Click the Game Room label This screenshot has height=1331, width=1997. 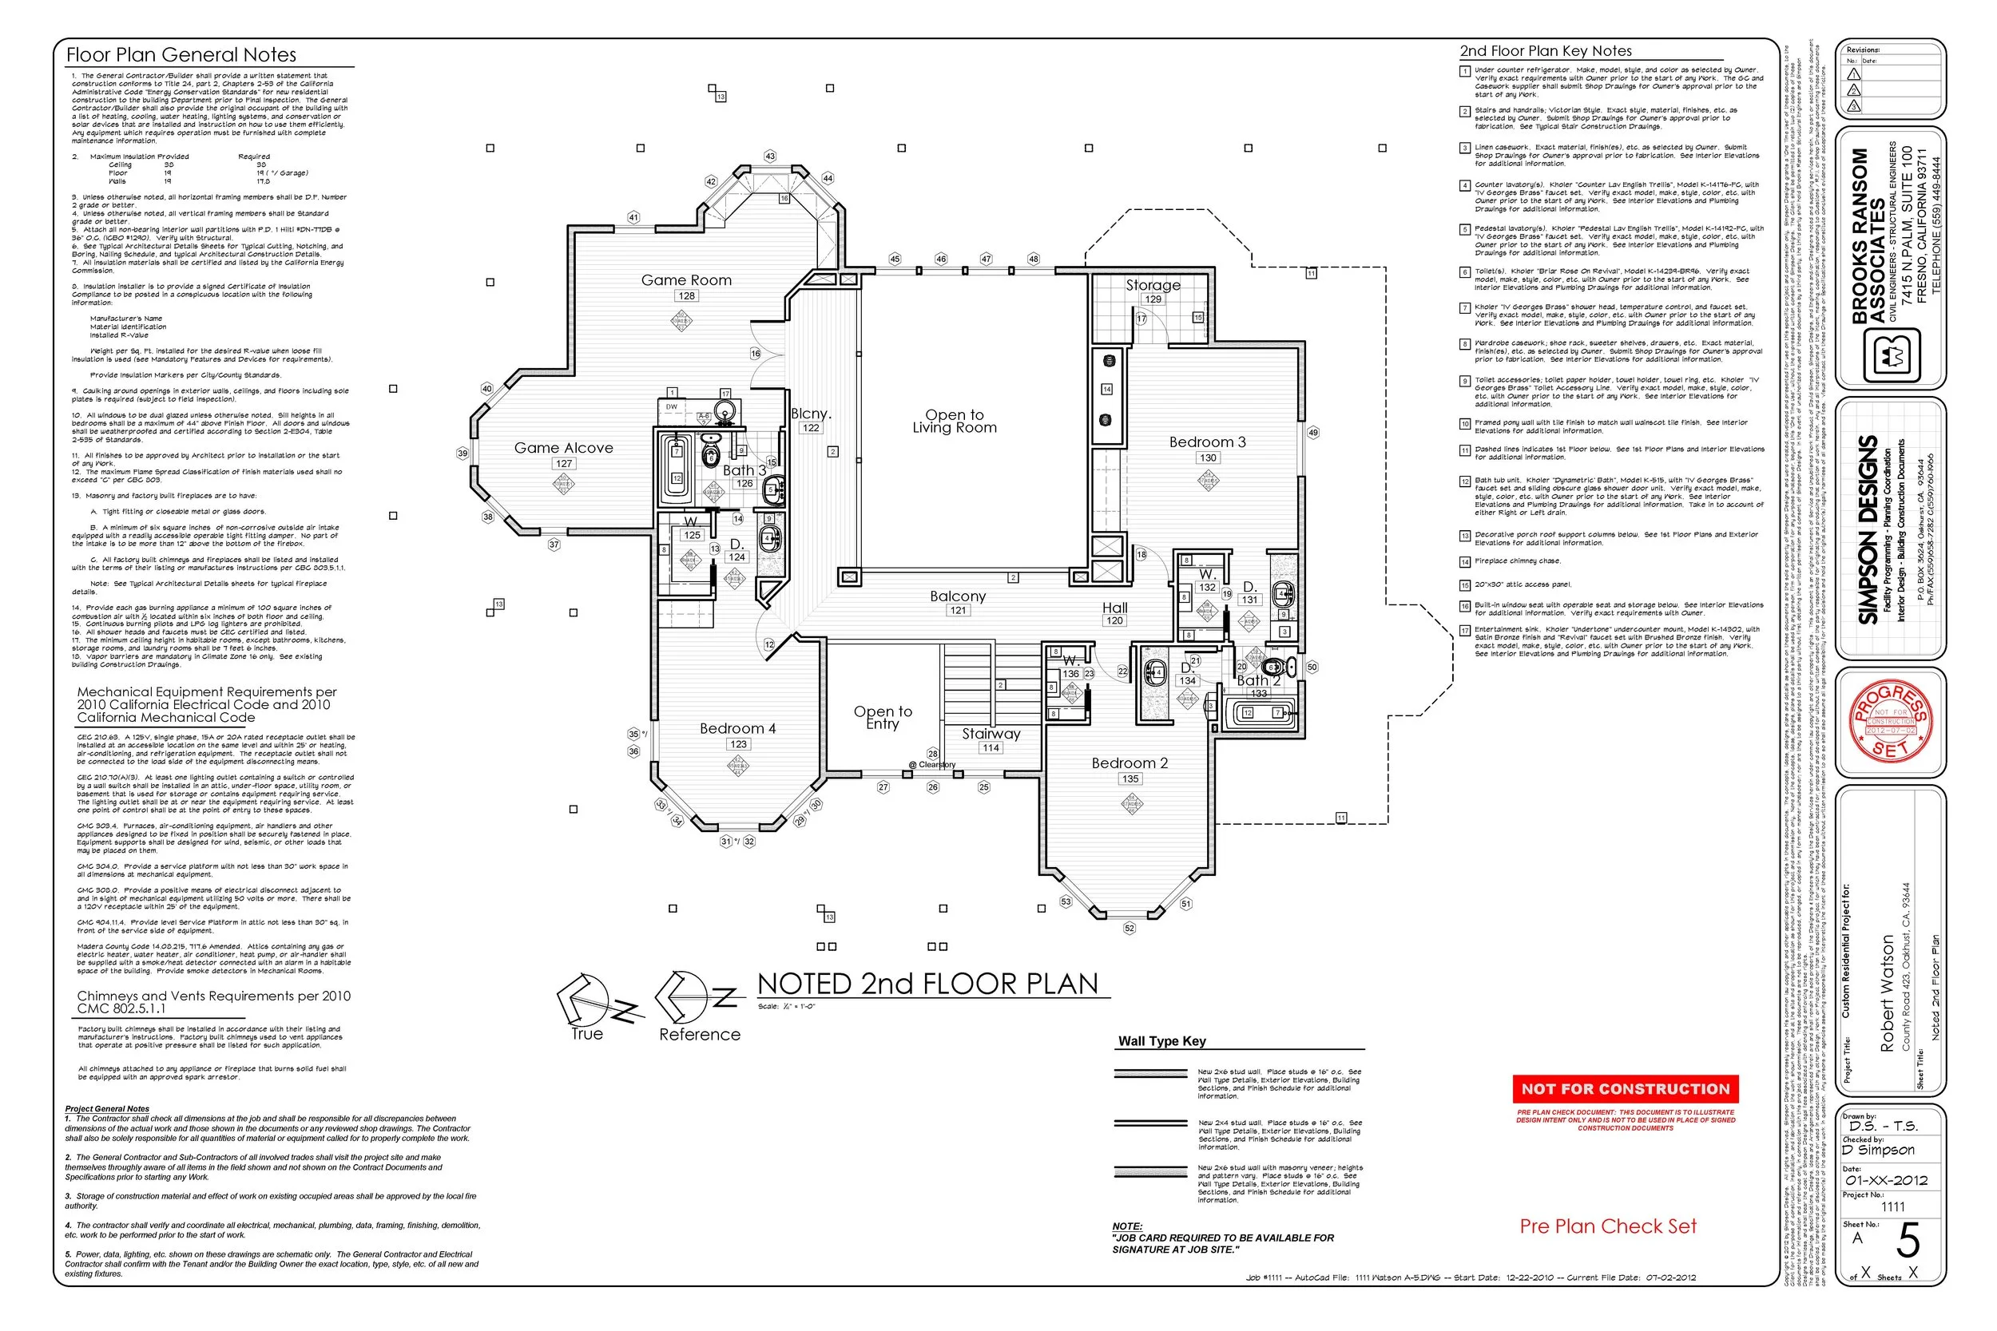686,280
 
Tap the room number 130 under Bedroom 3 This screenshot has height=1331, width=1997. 1207,458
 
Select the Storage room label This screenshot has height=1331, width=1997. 1152,285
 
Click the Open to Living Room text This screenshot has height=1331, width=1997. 955,421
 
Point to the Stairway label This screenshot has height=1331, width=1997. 991,734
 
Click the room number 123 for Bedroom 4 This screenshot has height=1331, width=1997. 738,744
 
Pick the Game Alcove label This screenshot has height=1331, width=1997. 563,448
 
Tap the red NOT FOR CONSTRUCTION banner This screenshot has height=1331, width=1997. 1625,1089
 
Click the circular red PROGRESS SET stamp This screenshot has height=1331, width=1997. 1890,722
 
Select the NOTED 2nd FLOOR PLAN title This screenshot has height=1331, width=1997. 927,984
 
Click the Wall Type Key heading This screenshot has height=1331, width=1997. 1161,1041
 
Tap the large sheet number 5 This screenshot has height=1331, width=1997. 1908,1242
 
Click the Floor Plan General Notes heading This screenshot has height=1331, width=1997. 181,55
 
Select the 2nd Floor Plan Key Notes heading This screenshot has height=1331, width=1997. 1546,51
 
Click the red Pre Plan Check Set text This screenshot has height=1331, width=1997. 1608,1226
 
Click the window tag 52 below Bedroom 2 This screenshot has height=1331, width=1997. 1130,929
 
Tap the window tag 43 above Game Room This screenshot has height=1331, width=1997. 770,156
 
